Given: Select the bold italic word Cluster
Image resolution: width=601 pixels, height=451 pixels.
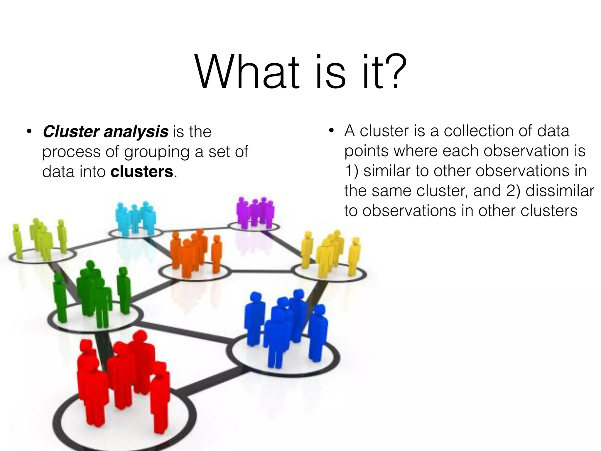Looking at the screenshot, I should [71, 132].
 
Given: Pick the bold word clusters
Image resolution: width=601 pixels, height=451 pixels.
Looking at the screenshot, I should [142, 172].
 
